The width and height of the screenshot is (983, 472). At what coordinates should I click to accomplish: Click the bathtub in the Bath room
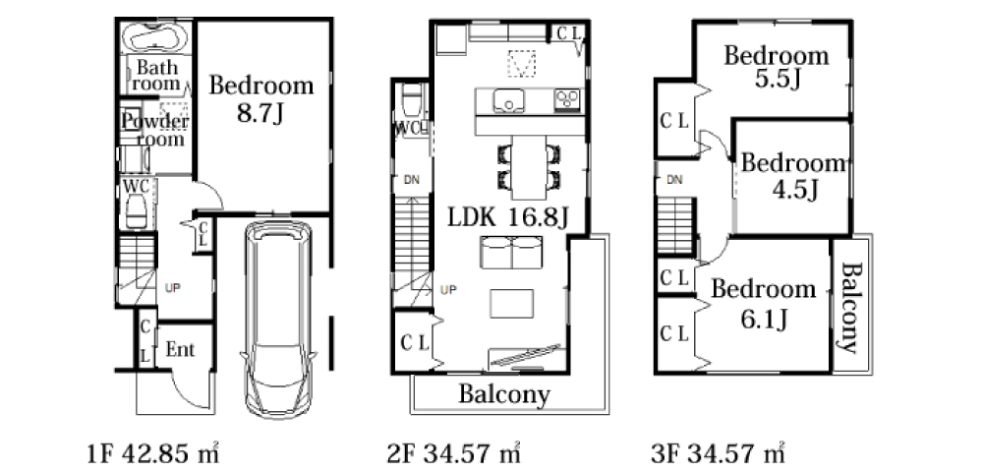coord(154,37)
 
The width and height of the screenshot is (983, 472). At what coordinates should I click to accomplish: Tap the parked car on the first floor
coord(278,319)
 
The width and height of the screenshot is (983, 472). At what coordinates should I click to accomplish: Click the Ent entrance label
coord(180,350)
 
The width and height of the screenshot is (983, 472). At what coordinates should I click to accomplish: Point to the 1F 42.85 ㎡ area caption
coord(152,452)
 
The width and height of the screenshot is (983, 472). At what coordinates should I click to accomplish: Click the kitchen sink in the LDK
coord(508,101)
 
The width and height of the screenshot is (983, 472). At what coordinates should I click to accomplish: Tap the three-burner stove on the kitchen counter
coord(568,99)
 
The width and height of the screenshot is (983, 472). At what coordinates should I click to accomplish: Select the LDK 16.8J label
coord(508,217)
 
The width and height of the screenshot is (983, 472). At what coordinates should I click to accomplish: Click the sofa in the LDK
coord(511,252)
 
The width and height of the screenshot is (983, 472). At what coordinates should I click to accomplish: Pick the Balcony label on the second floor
coord(504,395)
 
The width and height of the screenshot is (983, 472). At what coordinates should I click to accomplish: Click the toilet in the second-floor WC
coord(411,100)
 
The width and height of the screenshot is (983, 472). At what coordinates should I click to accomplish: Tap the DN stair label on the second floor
coord(411,181)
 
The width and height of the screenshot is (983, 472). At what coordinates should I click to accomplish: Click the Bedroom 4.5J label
coord(792,175)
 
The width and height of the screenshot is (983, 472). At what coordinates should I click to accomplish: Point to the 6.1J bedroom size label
coord(764,321)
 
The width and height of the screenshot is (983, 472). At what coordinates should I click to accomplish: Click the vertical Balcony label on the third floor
coord(849,307)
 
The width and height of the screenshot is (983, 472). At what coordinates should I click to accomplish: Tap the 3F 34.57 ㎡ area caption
coord(718,452)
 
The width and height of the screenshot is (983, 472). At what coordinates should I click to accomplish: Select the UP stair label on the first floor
coord(172,288)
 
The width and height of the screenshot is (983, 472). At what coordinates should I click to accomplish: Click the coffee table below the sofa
coord(511,304)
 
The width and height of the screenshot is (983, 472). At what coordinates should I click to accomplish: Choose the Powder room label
coord(155,129)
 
